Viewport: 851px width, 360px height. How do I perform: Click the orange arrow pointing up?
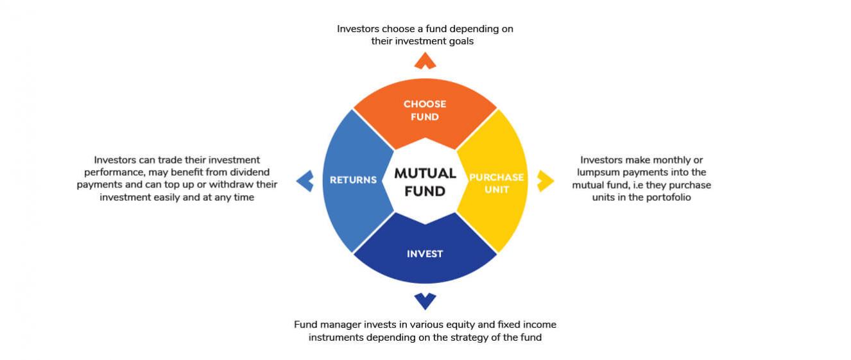tap(425, 60)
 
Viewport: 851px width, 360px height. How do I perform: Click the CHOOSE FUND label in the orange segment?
tap(425, 110)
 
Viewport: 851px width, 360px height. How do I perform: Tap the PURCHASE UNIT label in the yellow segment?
tap(497, 183)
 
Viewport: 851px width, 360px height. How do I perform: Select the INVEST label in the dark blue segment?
tap(425, 253)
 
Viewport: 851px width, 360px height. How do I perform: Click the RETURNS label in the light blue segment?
tap(353, 180)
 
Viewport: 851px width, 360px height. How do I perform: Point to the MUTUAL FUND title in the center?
tap(425, 182)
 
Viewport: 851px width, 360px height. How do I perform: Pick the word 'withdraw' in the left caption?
tap(227, 185)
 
